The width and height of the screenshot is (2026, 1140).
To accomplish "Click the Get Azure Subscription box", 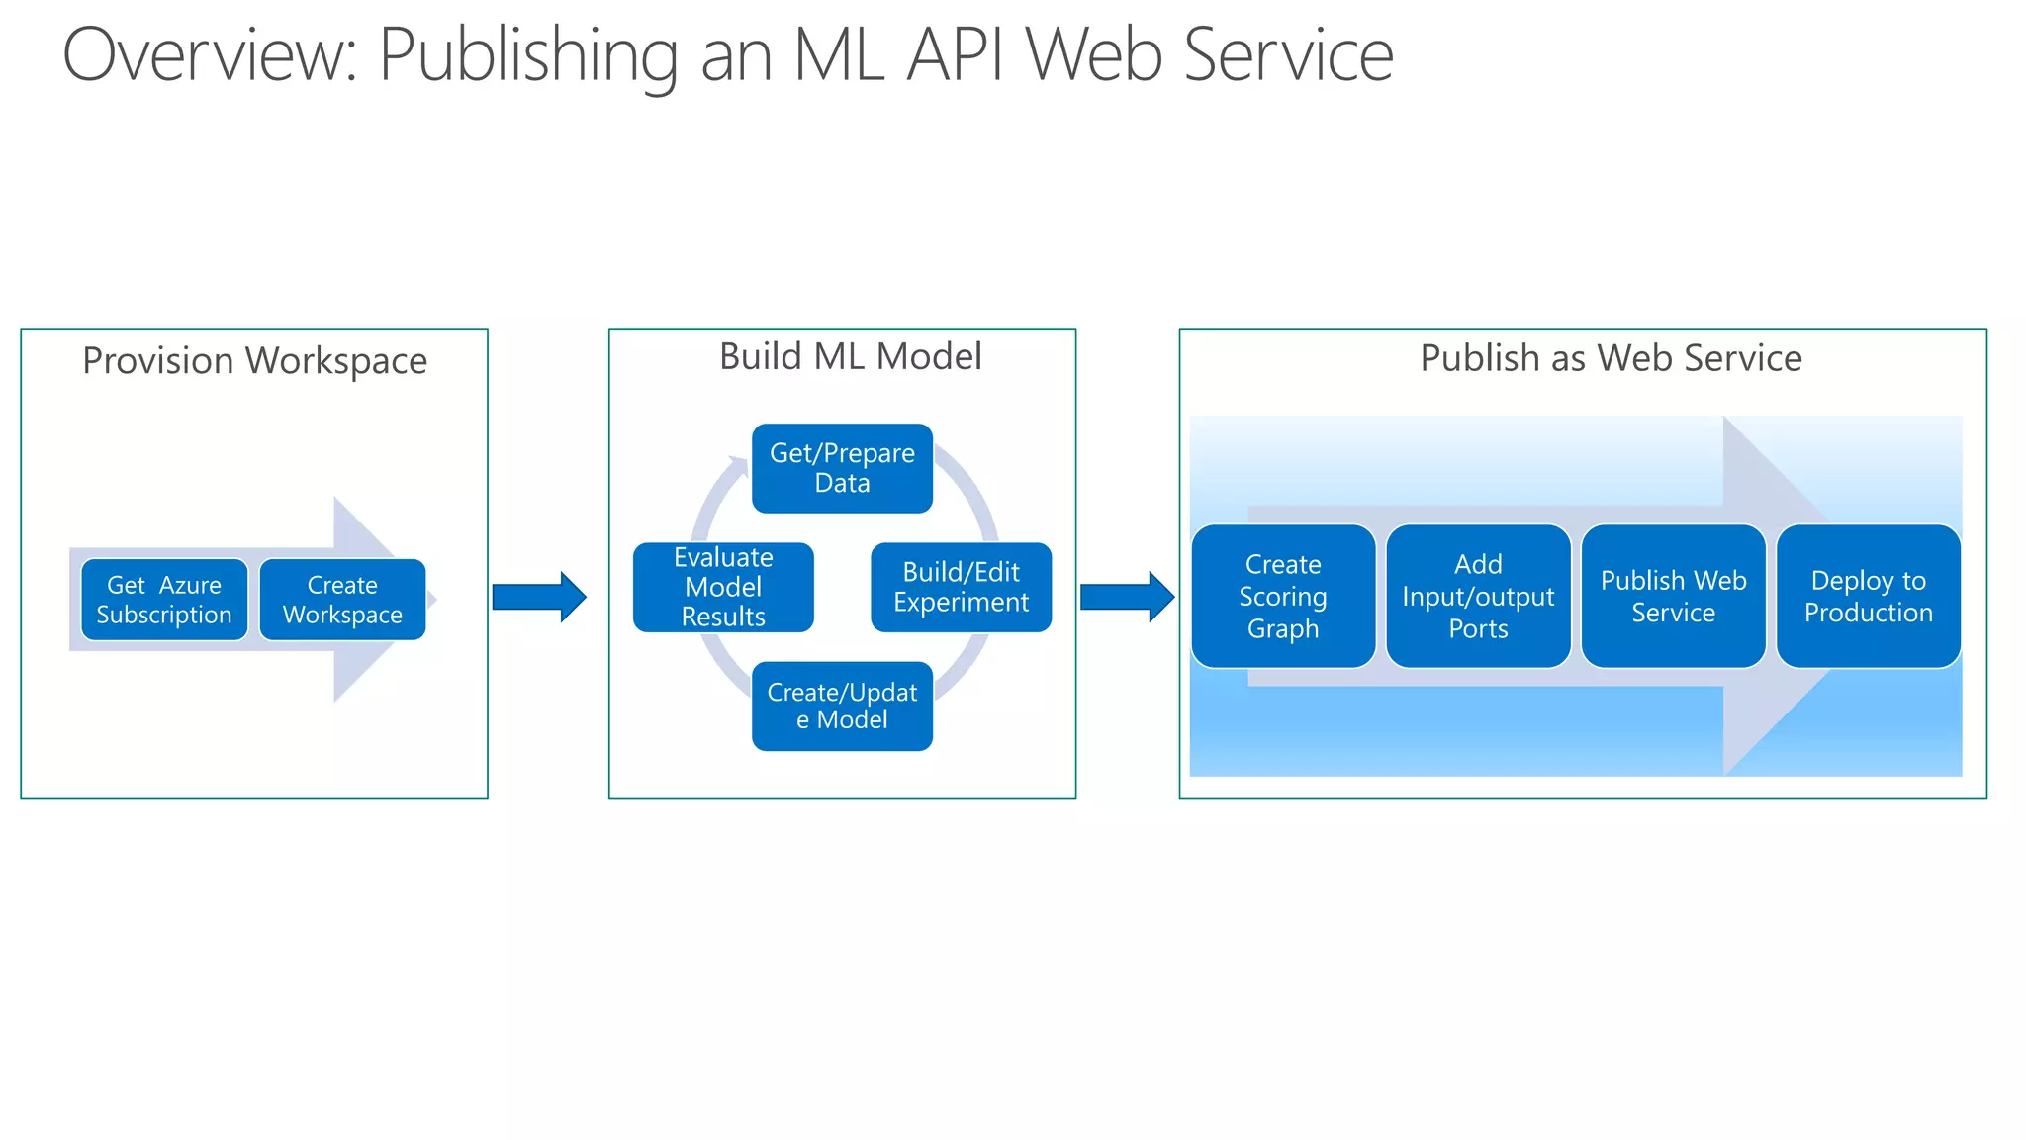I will (164, 600).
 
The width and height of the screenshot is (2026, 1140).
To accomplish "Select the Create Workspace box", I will (342, 600).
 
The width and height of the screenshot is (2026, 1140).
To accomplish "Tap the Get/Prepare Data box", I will (842, 468).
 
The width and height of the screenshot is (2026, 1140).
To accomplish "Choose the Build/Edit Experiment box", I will (961, 587).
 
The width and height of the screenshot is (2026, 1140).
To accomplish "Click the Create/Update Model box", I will (842, 706).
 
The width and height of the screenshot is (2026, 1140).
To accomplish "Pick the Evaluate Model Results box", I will (723, 587).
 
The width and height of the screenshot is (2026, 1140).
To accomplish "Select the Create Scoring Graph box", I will (1283, 596).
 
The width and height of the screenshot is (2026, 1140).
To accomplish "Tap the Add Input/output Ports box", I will (1478, 596).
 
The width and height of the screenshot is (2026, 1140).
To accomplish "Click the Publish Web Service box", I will (1673, 596).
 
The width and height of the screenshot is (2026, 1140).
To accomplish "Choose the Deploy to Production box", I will (1868, 596).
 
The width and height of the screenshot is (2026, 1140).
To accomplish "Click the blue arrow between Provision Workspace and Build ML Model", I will (539, 597).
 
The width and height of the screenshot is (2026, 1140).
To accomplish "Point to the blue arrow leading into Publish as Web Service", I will (1127, 597).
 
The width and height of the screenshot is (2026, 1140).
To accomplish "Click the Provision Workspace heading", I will (254, 361).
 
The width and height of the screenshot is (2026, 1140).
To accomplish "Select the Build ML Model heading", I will (850, 356).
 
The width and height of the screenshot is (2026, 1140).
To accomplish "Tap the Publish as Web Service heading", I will (1611, 358).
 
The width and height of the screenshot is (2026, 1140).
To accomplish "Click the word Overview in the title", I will (209, 55).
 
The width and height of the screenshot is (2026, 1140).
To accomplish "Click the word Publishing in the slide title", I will (528, 57).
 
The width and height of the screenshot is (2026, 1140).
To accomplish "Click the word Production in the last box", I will (1868, 613).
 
